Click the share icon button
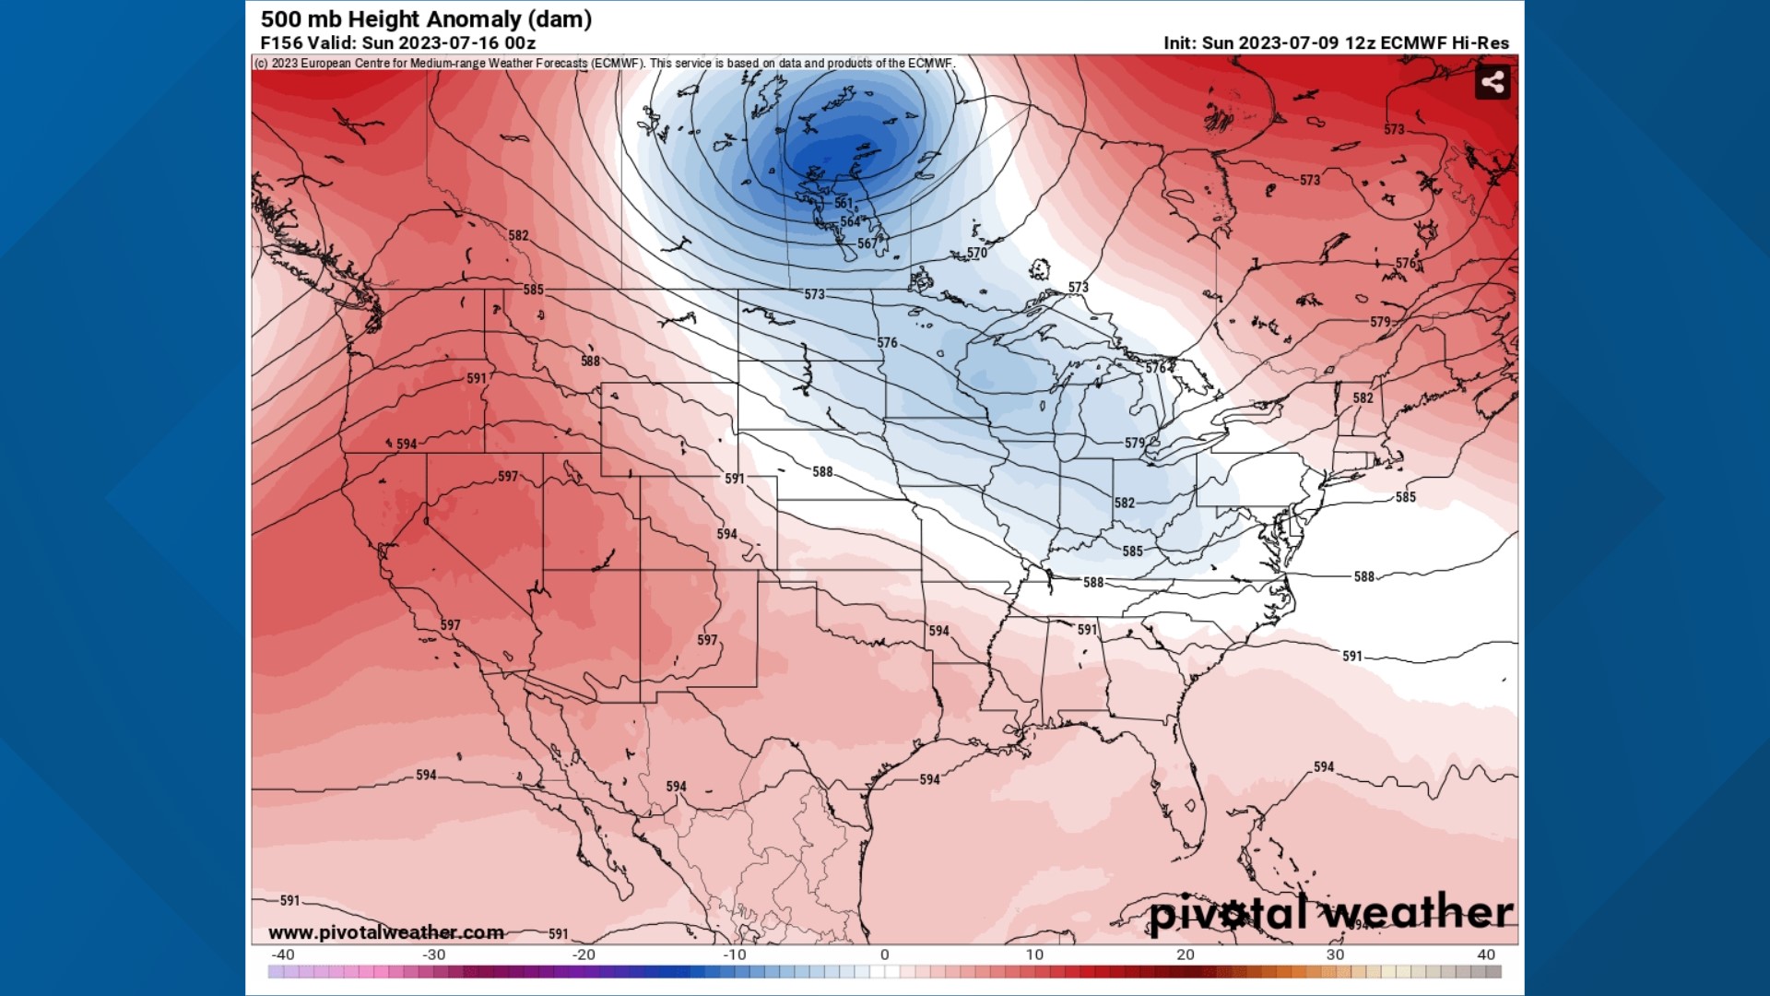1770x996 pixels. coord(1493,83)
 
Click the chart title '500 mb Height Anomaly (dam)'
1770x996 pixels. coord(426,19)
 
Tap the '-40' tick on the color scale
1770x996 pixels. coord(282,955)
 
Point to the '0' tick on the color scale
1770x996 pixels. coord(884,955)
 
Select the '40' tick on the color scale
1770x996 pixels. coord(1486,955)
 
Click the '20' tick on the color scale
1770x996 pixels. coord(1185,955)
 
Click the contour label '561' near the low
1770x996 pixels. coord(844,203)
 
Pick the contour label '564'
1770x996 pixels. coord(850,222)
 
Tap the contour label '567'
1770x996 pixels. coord(867,244)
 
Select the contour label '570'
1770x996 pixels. coord(977,253)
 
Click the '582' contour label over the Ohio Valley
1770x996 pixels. coord(1125,504)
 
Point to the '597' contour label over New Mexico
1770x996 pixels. coord(707,640)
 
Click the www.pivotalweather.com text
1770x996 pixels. coord(386,932)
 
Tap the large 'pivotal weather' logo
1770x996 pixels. coord(1331,913)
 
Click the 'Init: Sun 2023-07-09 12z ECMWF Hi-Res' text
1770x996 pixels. coord(1336,43)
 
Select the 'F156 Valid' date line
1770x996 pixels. coord(397,43)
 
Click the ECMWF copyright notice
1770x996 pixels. coord(604,64)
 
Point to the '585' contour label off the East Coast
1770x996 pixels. coord(1405,497)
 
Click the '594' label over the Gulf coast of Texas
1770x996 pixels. coord(929,780)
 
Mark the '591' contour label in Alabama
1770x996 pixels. coord(1088,630)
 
